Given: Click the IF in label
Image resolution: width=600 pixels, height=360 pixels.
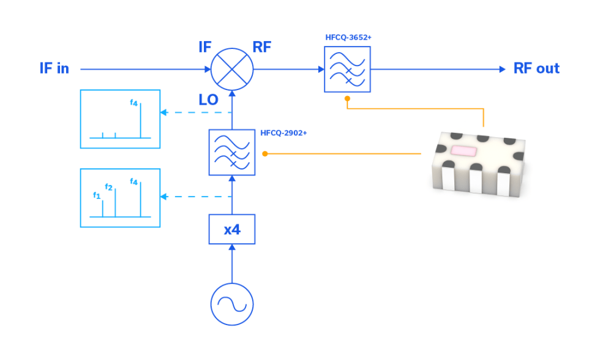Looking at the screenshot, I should pyautogui.click(x=54, y=69).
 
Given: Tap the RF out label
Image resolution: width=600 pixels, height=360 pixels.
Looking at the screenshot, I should pyautogui.click(x=536, y=69).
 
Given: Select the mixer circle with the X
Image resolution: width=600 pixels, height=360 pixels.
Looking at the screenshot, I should pyautogui.click(x=232, y=69).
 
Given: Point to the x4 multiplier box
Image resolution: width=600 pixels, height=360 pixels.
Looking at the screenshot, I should pyautogui.click(x=232, y=230).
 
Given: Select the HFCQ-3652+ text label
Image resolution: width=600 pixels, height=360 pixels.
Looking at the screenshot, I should pyautogui.click(x=348, y=37).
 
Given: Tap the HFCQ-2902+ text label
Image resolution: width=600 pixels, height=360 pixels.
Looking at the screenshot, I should pyautogui.click(x=283, y=132).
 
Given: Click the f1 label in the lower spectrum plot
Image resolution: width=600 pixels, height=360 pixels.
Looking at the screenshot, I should pyautogui.click(x=96, y=195).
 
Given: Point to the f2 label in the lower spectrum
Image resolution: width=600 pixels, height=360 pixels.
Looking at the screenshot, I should pyautogui.click(x=108, y=187).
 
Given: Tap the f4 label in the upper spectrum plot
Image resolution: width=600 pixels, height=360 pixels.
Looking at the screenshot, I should pyautogui.click(x=133, y=102).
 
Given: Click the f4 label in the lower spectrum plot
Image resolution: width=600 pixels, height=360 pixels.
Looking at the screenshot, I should pyautogui.click(x=134, y=181).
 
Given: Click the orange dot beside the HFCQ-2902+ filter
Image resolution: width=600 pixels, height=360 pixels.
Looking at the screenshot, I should pyautogui.click(x=264, y=153).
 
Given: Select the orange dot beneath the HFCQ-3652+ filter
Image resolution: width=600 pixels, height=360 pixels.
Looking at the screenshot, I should pyautogui.click(x=347, y=98).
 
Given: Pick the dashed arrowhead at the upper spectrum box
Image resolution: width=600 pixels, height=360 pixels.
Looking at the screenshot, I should pyautogui.click(x=163, y=113).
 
